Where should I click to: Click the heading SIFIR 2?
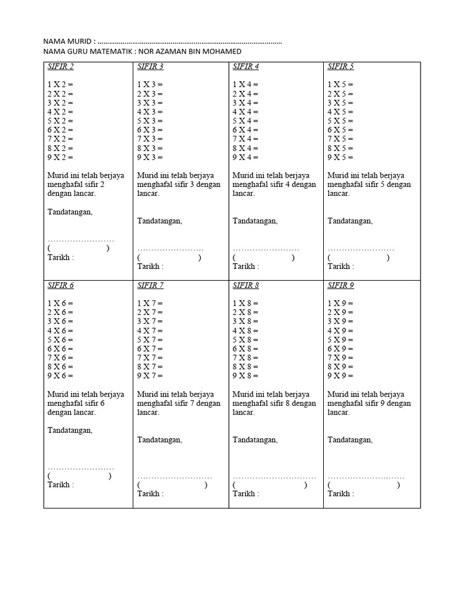(x=61, y=67)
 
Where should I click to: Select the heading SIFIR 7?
(x=150, y=286)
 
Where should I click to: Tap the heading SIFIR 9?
(x=341, y=286)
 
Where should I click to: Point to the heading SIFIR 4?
(x=246, y=67)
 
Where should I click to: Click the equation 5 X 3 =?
(x=150, y=121)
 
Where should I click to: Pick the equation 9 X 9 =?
(x=340, y=376)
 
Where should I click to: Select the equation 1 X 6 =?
(x=61, y=303)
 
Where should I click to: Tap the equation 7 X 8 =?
(x=245, y=357)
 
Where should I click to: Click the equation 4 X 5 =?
(x=340, y=112)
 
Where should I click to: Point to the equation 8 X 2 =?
(x=61, y=149)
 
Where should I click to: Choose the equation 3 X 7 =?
(x=150, y=321)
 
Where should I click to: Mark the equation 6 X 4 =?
(x=245, y=130)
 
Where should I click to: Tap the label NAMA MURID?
(x=68, y=42)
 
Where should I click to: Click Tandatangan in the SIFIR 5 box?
(x=350, y=221)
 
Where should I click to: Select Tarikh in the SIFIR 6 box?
(x=60, y=485)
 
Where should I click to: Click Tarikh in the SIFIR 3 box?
(x=150, y=267)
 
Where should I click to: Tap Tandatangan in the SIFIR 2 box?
(x=70, y=212)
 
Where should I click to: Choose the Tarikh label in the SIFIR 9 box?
(x=340, y=494)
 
